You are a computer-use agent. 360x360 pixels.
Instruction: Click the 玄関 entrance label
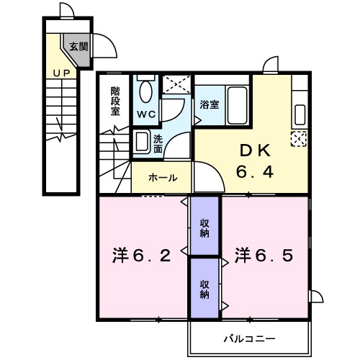[x=78, y=47]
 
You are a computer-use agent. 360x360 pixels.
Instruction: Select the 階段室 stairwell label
[x=115, y=102]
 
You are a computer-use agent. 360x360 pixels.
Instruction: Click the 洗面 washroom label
[x=158, y=143]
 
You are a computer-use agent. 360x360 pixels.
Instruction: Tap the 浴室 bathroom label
[x=210, y=104]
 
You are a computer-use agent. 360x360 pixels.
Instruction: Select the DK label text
[x=253, y=151]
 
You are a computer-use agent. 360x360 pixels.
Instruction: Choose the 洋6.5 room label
[x=264, y=256]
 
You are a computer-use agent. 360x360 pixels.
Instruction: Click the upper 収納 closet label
[x=205, y=226]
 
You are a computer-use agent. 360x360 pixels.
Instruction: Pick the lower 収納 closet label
[x=205, y=289]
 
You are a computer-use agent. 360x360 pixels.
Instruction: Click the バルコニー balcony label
[x=248, y=337]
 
